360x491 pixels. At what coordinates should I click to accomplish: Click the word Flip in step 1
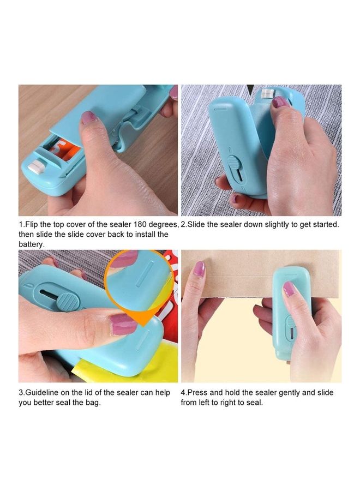[33, 225]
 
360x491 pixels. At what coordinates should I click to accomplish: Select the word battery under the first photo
[32, 244]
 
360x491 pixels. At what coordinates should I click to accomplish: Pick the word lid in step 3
[89, 393]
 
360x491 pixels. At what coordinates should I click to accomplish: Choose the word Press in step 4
[199, 393]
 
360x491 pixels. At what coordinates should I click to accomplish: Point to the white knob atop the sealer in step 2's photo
[266, 93]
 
